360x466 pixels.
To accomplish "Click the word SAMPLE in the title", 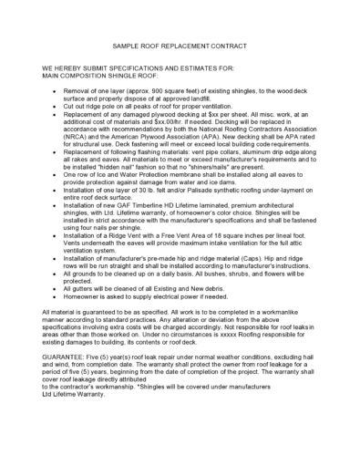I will [126, 46].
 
